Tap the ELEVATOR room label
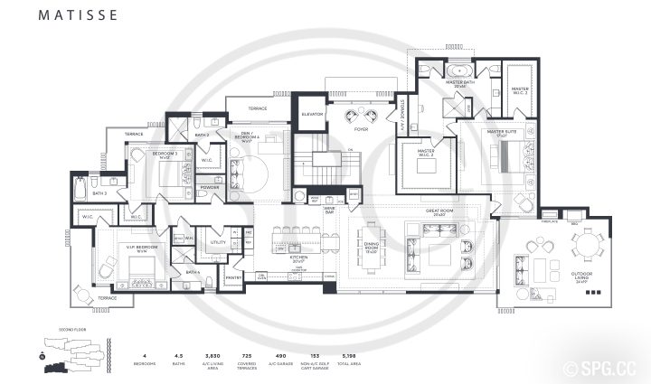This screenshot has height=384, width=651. tap(312, 114)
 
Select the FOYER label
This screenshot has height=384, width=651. tap(361, 129)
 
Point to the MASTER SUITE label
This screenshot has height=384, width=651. tap(501, 133)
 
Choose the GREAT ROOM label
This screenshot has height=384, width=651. tap(439, 212)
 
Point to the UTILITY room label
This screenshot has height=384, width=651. tap(218, 243)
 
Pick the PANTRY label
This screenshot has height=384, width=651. tap(233, 278)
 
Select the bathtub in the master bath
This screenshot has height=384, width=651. tap(458, 69)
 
